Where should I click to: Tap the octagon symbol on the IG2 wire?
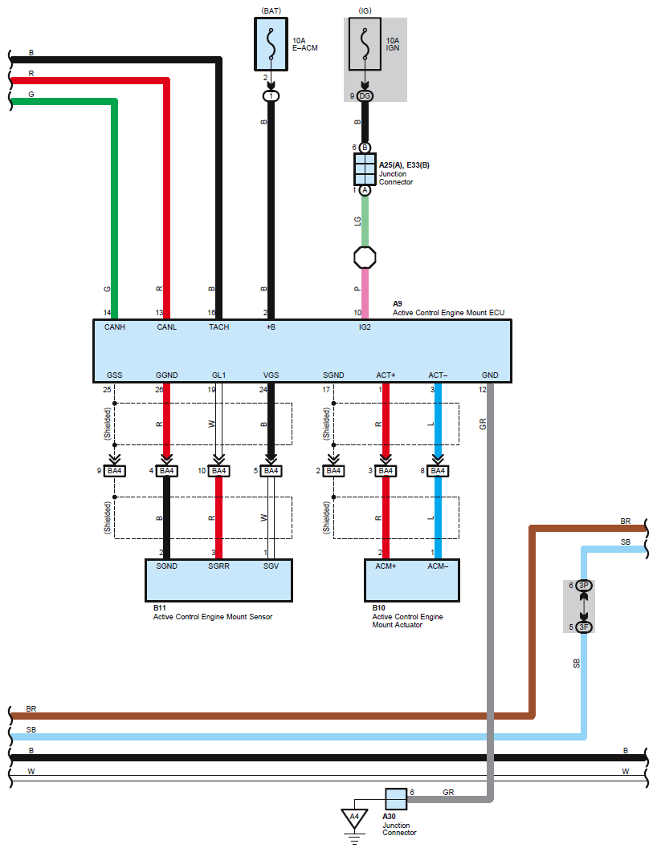tap(365, 258)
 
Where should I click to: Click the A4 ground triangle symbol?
tap(353, 818)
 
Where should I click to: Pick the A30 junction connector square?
tap(396, 799)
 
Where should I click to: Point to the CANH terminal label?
tap(116, 327)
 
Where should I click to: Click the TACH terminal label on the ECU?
tap(218, 327)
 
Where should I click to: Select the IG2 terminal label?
tap(365, 327)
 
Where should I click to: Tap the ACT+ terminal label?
tap(386, 375)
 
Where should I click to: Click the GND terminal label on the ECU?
tap(490, 375)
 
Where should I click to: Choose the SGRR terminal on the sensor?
tap(218, 567)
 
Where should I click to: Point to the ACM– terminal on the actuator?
tap(438, 567)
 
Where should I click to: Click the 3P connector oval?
tap(585, 586)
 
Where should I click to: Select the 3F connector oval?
tap(585, 627)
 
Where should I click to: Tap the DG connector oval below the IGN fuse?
tap(365, 96)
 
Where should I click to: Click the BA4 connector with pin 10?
tap(219, 471)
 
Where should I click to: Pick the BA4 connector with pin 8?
tap(438, 471)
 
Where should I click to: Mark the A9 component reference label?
tap(397, 304)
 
